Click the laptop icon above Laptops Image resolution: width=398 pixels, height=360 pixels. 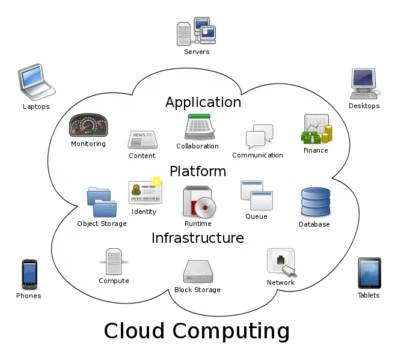coord(36,82)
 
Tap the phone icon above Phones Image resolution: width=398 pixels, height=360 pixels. coord(29,274)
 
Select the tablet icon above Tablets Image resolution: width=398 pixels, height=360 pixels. coord(369,273)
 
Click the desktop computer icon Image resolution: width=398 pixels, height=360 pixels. coord(364,84)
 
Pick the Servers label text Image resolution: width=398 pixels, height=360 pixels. coord(197,52)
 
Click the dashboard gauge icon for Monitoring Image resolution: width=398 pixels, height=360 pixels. coord(88,125)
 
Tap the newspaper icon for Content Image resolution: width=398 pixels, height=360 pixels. coord(142,139)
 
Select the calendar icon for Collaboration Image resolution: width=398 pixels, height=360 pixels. coord(200,127)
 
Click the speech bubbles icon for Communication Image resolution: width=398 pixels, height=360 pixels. coord(259,136)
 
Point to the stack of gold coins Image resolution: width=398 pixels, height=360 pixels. coord(327,134)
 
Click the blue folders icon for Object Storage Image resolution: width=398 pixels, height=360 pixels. coord(102,202)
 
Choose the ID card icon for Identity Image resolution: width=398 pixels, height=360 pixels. coord(145,192)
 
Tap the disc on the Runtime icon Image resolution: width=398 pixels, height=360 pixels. coord(206,207)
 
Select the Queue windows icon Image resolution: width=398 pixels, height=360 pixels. coord(257,195)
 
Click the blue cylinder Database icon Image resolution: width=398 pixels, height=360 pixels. coord(316,202)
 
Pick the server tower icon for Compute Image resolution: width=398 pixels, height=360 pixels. coord(114,261)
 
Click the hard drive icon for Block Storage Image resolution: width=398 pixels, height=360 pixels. coord(198,272)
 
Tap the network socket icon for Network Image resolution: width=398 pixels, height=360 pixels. coord(282,263)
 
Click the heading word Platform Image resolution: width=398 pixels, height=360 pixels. coord(198,171)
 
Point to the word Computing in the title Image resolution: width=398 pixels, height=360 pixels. coord(231,332)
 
